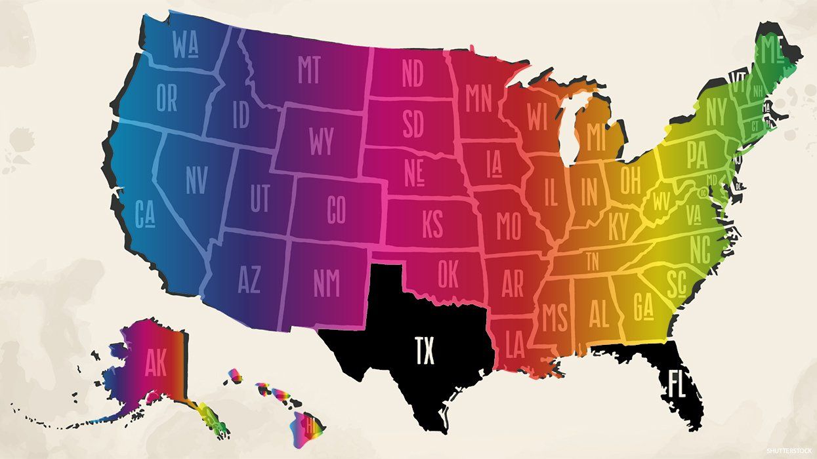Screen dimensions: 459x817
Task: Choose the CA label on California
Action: tap(144, 214)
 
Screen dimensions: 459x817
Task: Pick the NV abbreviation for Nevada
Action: tap(196, 180)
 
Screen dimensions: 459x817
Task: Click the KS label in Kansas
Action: tap(432, 225)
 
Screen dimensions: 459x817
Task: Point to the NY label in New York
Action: tap(716, 113)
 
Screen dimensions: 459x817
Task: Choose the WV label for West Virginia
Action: tap(660, 203)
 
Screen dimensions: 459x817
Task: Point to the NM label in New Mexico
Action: tap(326, 283)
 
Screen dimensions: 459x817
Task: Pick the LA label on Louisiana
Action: tap(514, 345)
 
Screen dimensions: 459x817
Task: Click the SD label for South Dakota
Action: tap(413, 125)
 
